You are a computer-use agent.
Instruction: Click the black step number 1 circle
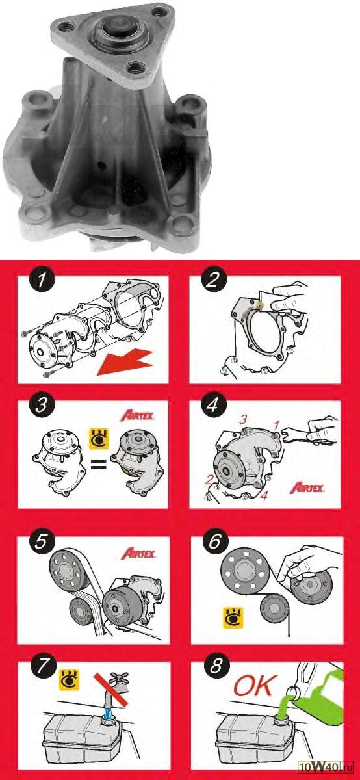42,280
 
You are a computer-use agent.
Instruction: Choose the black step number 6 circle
215,541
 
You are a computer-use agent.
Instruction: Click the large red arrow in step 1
125,363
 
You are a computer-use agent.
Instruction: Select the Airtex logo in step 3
137,416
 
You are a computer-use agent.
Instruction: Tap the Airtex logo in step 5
138,553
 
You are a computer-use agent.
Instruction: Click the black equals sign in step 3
99,464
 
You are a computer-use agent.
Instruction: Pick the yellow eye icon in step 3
99,439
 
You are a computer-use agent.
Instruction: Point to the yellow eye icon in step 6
233,618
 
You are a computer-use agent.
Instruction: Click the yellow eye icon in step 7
70,680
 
